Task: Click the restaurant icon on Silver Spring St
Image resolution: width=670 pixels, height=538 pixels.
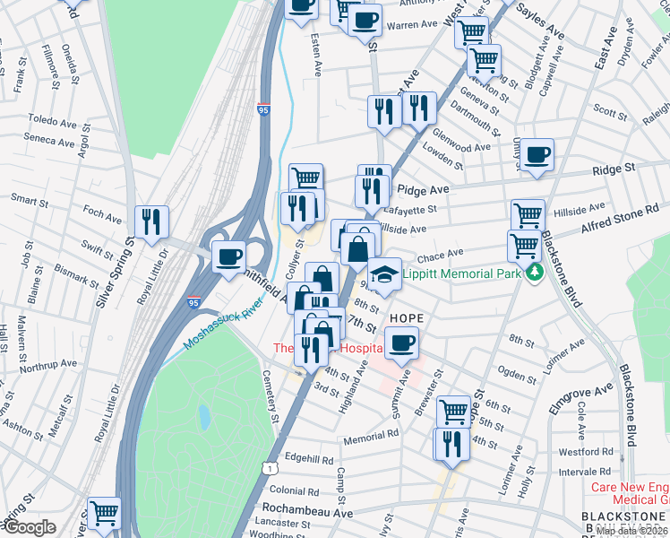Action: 151,221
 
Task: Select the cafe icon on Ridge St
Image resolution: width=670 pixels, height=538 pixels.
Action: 538,154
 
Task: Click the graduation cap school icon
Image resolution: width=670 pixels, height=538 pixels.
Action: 384,273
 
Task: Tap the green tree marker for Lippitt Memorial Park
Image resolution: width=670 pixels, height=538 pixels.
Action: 535,271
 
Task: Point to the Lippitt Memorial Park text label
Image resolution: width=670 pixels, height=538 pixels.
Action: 463,272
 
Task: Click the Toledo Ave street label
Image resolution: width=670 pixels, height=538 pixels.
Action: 52,119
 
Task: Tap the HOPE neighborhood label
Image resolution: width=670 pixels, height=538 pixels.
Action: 405,318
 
